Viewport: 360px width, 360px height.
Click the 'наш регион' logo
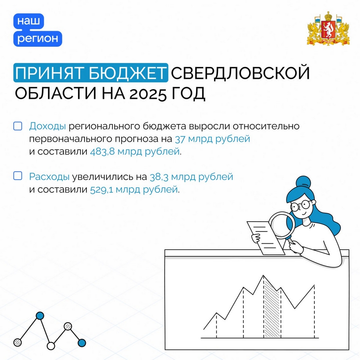[x=38, y=30]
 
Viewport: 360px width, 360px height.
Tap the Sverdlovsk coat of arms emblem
[x=328, y=28]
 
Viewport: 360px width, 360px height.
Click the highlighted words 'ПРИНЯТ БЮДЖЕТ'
[x=91, y=73]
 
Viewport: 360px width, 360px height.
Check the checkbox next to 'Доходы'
[x=18, y=126]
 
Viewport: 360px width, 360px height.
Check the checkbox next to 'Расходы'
[x=18, y=176]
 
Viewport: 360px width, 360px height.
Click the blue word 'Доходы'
[x=48, y=126]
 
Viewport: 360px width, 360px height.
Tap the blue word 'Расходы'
[x=49, y=176]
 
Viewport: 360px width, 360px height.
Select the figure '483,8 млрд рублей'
[x=134, y=152]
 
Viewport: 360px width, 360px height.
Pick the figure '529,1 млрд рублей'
[x=134, y=190]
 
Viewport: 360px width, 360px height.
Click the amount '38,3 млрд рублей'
[x=191, y=177]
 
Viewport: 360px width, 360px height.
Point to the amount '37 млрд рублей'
[x=212, y=139]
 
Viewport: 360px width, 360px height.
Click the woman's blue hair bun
[x=303, y=183]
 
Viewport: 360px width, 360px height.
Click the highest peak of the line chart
[x=263, y=276]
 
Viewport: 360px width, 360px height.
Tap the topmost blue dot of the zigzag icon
[x=40, y=316]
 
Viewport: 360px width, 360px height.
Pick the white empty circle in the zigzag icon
[x=51, y=346]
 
